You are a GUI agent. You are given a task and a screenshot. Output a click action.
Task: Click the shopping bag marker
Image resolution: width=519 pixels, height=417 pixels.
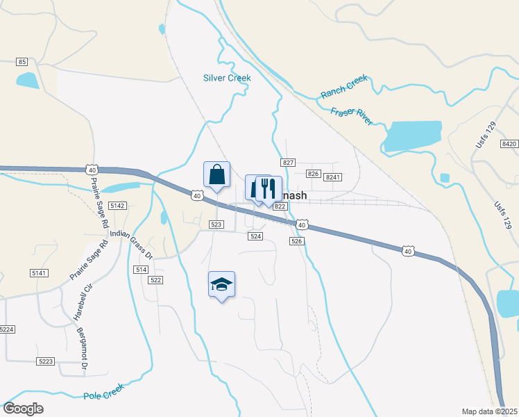216,174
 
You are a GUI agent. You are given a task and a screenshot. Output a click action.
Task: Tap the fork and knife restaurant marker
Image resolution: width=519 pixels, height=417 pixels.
269,188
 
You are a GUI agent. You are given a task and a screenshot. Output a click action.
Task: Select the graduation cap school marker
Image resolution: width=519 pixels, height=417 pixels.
221,284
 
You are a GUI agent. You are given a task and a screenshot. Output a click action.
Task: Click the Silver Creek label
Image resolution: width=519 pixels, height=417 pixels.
227,78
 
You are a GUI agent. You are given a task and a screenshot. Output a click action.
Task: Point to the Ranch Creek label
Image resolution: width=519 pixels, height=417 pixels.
343,86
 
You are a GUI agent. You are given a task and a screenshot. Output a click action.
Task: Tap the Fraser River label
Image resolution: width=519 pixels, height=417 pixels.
351,116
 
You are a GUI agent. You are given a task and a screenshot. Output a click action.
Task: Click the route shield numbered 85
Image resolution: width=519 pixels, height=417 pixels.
22,62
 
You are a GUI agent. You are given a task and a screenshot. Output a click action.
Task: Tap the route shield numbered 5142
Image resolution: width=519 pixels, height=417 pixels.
117,206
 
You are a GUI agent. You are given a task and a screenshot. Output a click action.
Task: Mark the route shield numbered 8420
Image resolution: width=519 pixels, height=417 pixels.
509,143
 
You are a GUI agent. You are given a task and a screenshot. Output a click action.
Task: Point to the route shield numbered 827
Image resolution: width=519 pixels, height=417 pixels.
289,162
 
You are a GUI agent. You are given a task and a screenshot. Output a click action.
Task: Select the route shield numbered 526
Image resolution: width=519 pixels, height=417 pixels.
296,240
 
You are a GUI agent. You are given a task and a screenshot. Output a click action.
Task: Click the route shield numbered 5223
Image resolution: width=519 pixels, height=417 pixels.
46,361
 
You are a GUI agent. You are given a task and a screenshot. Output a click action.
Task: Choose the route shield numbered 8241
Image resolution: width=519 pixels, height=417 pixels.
333,177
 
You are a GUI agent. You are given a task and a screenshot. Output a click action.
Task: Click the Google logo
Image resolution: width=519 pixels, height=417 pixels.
23,408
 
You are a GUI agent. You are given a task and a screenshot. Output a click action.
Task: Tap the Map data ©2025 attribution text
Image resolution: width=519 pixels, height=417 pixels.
489,411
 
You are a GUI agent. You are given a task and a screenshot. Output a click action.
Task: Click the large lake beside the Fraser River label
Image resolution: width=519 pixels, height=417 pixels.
412,136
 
